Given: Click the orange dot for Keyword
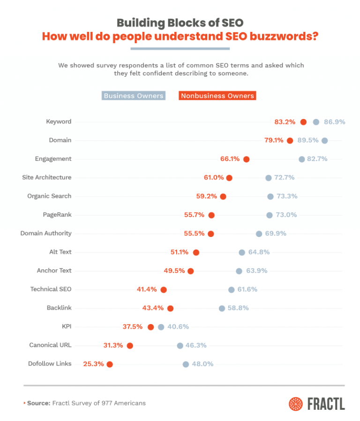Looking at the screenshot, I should click(x=303, y=122).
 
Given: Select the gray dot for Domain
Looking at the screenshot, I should click(x=324, y=140).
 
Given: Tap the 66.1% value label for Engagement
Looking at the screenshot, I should click(x=230, y=159).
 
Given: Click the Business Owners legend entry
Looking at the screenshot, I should click(x=134, y=96).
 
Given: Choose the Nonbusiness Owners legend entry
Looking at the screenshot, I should click(x=217, y=96).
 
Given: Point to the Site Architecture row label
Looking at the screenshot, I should click(x=47, y=177).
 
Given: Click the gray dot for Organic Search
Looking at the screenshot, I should click(x=270, y=196).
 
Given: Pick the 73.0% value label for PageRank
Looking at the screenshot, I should click(x=286, y=215).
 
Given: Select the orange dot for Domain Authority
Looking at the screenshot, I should click(x=210, y=234).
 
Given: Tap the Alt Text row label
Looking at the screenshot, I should click(x=60, y=252).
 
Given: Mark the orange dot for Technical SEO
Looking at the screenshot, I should click(x=164, y=290).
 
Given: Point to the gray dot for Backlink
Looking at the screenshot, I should click(x=222, y=308).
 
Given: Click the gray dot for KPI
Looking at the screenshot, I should click(x=161, y=327).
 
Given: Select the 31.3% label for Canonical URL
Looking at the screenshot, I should click(x=113, y=346).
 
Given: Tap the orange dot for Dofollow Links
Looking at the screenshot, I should click(x=110, y=364).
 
